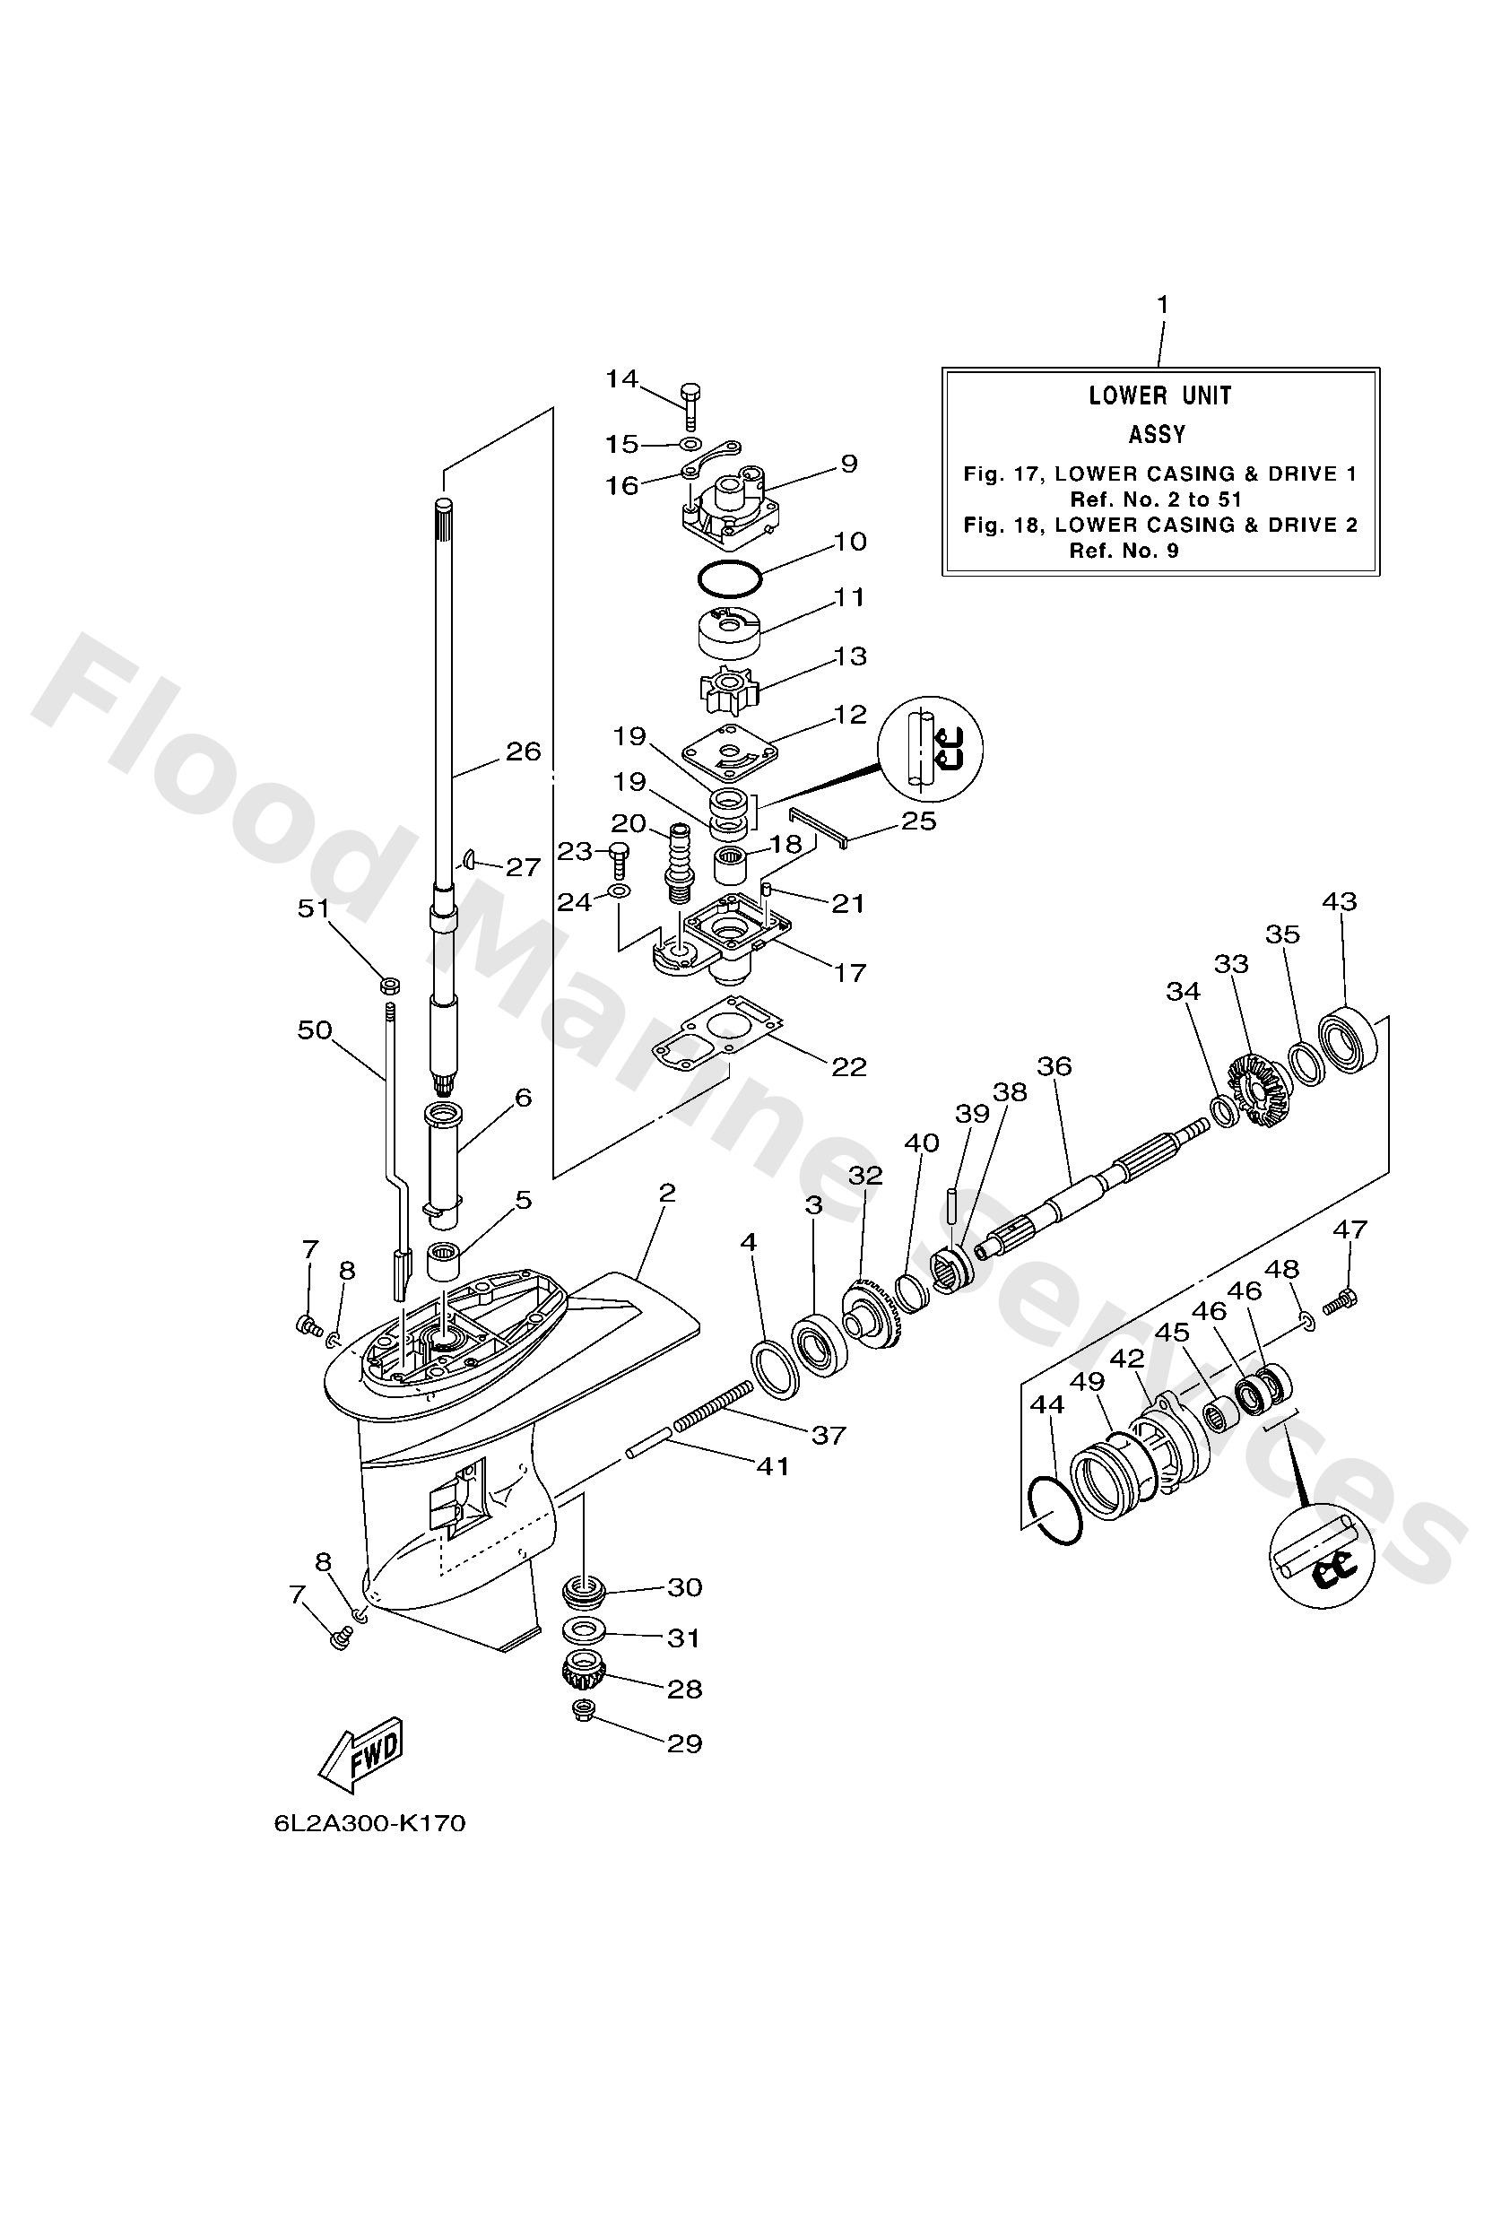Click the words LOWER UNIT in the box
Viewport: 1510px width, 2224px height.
(1159, 395)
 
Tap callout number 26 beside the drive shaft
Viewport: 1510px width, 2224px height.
(524, 751)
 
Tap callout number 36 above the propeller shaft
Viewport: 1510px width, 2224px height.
(1054, 1066)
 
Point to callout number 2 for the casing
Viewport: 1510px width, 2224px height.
(667, 1192)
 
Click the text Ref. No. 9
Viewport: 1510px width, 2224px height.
(1124, 552)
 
